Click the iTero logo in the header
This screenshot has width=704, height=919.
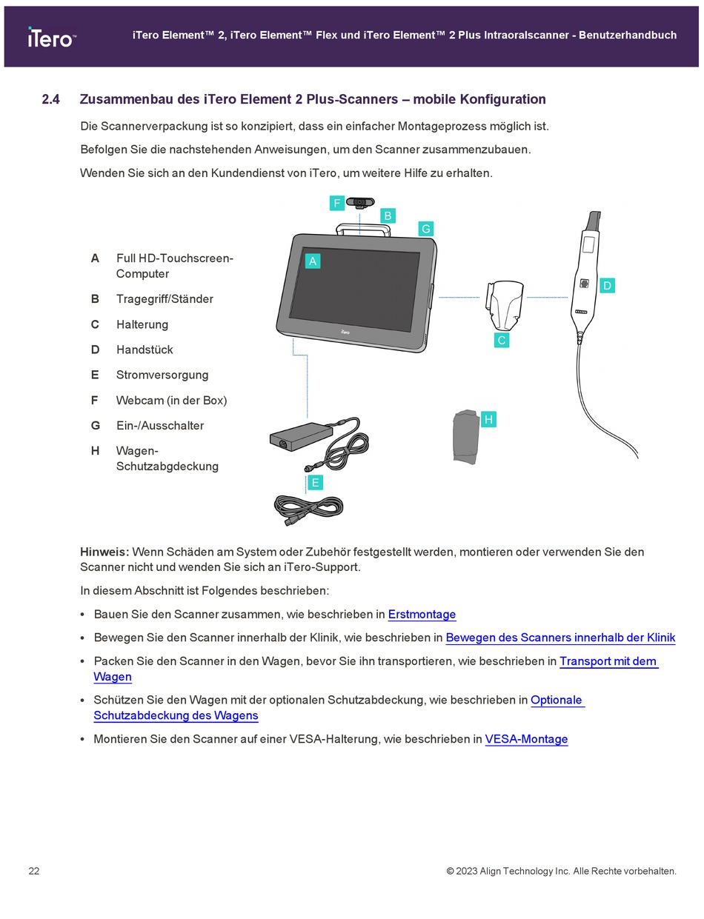coord(51,37)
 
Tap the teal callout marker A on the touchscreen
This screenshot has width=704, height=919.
coord(313,261)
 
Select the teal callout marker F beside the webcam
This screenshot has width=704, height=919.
coord(337,203)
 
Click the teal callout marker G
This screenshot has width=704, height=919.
coord(425,229)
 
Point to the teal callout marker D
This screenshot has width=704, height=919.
coord(606,285)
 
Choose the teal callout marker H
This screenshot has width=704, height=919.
coord(488,420)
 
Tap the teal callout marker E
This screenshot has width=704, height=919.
coord(315,483)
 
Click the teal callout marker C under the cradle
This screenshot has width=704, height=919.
coord(501,340)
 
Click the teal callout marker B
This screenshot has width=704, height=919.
coord(387,215)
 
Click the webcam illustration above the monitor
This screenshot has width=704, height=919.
coord(361,202)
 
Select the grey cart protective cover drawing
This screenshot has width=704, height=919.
coord(465,436)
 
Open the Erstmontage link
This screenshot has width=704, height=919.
coord(422,615)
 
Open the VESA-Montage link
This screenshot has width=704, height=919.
coord(526,739)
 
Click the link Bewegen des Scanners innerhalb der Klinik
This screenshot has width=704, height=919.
coord(560,638)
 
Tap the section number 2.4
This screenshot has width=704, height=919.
coord(50,99)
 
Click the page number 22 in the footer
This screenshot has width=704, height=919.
coord(34,871)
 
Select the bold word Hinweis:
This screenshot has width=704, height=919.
coord(104,552)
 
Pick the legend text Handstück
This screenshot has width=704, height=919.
coord(145,350)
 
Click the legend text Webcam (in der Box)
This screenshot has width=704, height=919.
coord(171,400)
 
